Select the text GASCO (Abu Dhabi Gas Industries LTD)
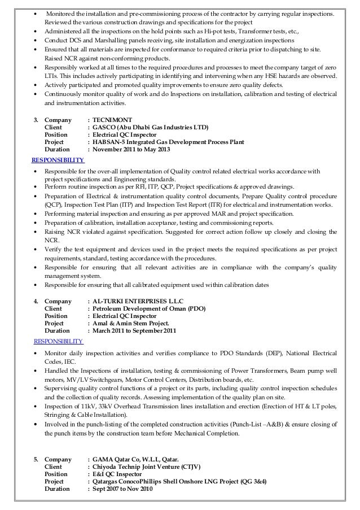[151, 128]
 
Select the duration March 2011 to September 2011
[139, 331]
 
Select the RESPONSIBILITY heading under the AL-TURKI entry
[59, 341]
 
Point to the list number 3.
[37, 120]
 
